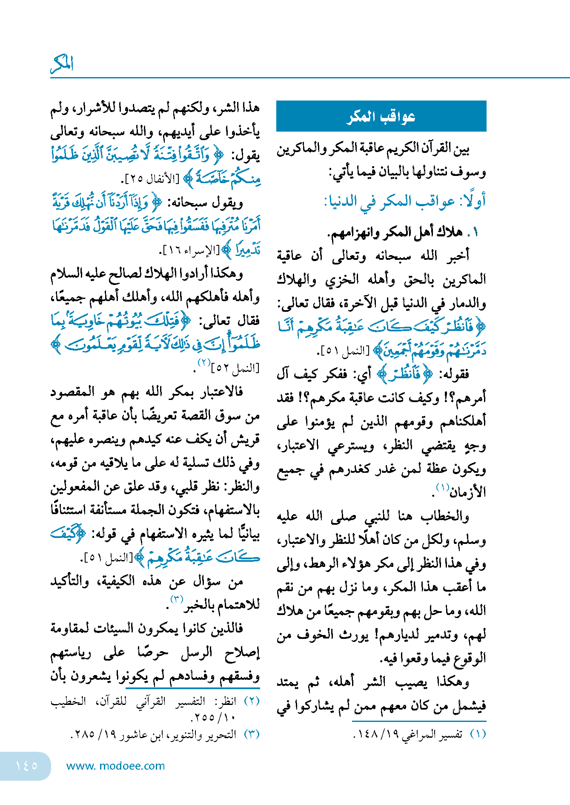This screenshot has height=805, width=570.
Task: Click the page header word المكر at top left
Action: click(62, 64)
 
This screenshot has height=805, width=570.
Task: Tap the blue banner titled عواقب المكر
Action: click(381, 116)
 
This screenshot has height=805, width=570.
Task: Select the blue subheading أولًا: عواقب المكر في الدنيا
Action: click(405, 201)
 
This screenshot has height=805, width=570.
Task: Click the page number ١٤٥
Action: click(26, 765)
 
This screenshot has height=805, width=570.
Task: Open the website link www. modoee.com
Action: click(115, 766)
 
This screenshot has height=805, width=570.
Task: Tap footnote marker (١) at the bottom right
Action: click(478, 734)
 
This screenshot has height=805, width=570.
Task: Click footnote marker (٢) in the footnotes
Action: click(252, 701)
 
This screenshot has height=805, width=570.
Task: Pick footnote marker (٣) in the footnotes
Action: click(252, 734)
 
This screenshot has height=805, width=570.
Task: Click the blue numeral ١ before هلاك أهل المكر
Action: click(475, 232)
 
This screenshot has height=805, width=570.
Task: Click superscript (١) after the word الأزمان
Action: click(443, 487)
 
